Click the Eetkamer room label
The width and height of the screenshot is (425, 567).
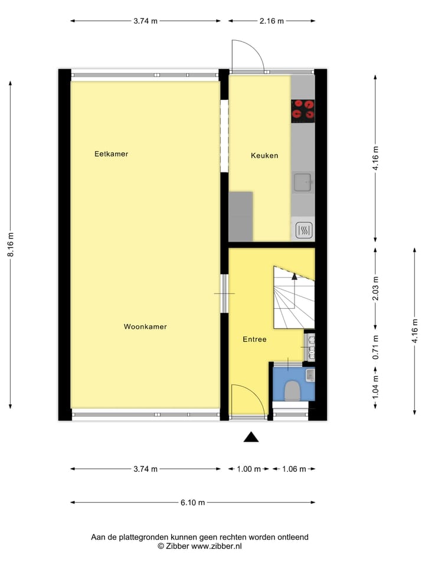(x=111, y=154)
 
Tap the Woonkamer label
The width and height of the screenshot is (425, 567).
(x=145, y=327)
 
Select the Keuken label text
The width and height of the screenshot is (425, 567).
(x=264, y=156)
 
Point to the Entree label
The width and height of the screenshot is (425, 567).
(x=254, y=340)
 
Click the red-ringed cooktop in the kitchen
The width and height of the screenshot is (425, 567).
(x=303, y=110)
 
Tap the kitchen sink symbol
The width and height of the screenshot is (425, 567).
(x=303, y=182)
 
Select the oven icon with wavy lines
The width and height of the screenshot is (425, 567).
(x=303, y=229)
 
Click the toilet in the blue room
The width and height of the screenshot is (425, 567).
(x=292, y=390)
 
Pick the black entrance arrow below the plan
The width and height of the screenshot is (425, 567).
(x=251, y=437)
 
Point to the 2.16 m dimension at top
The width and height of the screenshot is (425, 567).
(x=272, y=21)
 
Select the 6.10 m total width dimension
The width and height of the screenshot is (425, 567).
(x=192, y=503)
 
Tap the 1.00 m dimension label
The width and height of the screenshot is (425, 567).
(x=249, y=470)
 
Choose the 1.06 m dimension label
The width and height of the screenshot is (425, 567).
(x=294, y=470)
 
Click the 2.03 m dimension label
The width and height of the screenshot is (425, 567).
(x=375, y=289)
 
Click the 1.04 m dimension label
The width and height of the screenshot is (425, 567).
(x=375, y=388)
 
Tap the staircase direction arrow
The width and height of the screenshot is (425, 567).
(x=294, y=276)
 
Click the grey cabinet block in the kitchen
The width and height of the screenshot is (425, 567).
(x=241, y=216)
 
